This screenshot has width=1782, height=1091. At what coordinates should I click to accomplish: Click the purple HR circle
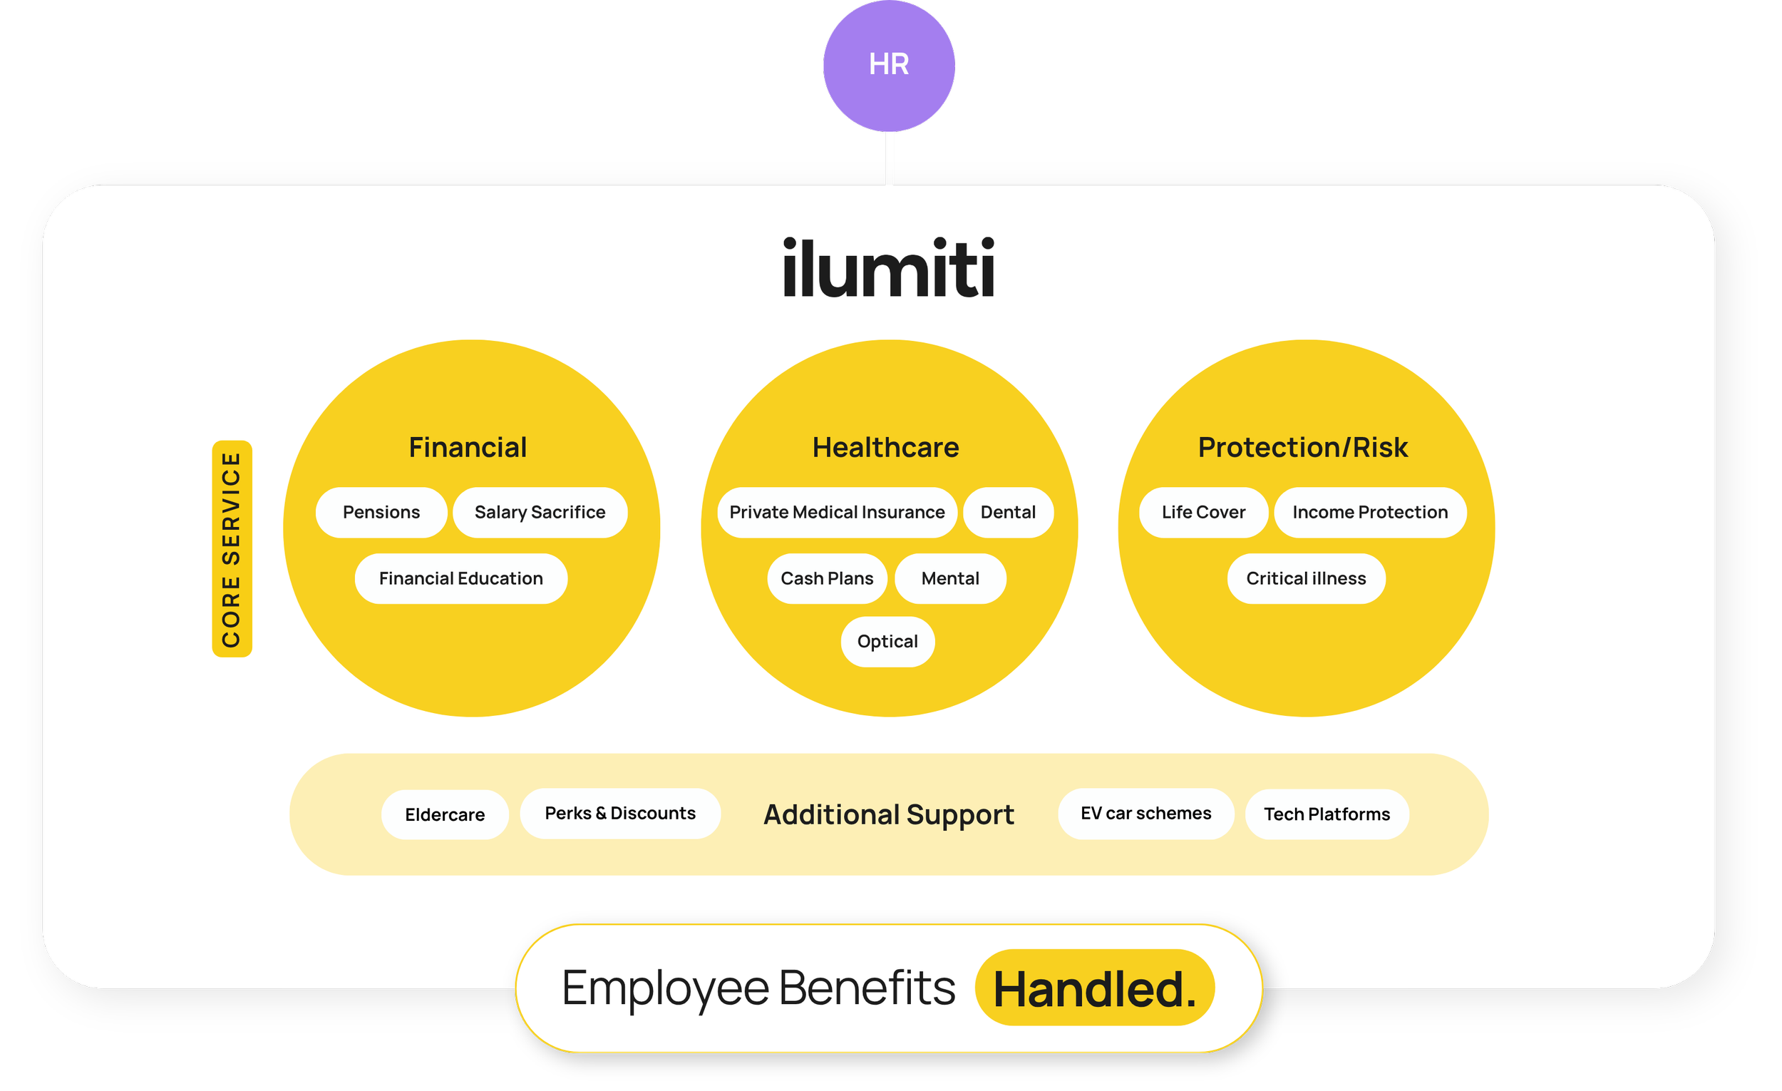[889, 66]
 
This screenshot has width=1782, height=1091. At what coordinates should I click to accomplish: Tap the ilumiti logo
[889, 267]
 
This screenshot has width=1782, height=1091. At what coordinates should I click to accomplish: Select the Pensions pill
[381, 512]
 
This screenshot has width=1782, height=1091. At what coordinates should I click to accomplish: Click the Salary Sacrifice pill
[540, 512]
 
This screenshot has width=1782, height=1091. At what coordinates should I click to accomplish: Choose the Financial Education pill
[460, 579]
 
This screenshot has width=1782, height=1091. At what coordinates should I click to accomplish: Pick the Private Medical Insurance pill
[837, 512]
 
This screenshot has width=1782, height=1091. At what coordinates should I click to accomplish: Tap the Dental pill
[1008, 512]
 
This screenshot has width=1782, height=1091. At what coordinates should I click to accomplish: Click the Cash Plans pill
[827, 579]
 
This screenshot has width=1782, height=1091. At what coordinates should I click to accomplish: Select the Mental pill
[950, 579]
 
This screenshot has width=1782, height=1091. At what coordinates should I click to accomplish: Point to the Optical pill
[887, 642]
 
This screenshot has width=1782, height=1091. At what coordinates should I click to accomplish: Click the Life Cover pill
[1203, 512]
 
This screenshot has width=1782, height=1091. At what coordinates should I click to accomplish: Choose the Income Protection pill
[1370, 512]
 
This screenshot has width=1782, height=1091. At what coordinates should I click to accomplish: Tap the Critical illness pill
[1306, 579]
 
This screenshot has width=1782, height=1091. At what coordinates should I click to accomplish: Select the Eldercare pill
[445, 814]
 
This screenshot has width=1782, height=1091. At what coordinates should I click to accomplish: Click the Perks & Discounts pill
[620, 813]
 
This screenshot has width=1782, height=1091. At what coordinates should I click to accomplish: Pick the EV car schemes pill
[1145, 813]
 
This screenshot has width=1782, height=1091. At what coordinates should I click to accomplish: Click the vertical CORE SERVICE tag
[232, 548]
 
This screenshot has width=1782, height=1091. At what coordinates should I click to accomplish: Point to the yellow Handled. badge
[1094, 988]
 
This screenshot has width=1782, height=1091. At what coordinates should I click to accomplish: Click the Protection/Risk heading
[1302, 447]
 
